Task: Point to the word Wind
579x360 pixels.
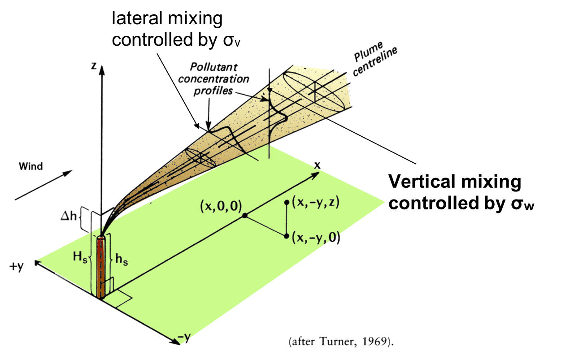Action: pos(30,167)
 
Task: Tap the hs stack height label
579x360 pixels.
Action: pos(121,260)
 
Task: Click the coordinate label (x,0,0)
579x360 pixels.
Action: pos(221,206)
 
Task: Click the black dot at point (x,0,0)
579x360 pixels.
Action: pos(245,216)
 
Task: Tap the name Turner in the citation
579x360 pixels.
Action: pos(335,342)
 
